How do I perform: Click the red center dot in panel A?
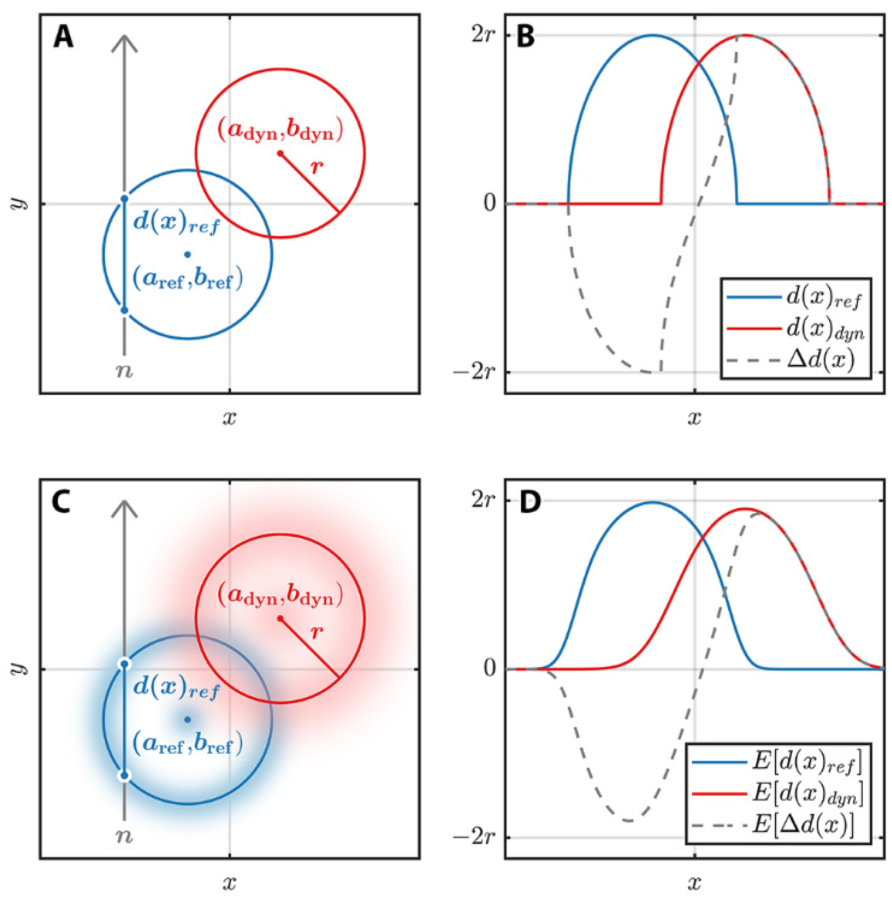tap(280, 153)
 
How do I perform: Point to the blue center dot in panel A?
tap(187, 255)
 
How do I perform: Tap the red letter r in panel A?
tap(317, 167)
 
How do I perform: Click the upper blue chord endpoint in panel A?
tap(124, 199)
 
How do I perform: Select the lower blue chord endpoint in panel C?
tap(124, 775)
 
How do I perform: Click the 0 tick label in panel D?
tap(490, 669)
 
